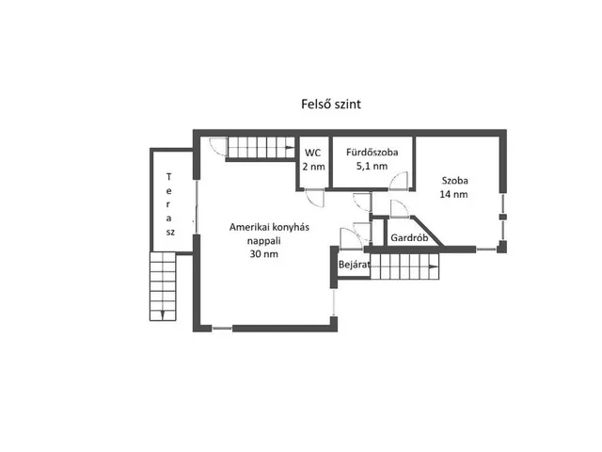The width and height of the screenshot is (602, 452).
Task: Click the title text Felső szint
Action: pos(331,105)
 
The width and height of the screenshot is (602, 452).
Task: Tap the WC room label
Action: pos(312,153)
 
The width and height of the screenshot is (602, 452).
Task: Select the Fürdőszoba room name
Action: pos(372,153)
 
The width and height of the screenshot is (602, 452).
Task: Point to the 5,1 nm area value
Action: pos(372,166)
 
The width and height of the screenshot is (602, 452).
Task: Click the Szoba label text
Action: pos(454,180)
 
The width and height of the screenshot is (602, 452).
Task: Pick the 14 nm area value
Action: pos(453,194)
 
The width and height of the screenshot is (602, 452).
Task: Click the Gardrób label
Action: pos(409,238)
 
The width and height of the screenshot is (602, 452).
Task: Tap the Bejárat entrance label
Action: pos(354,265)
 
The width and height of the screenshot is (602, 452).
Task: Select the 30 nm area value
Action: pos(263,254)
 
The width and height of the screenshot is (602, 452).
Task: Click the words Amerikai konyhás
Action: pos(269,227)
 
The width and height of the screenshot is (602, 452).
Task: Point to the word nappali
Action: pos(263,241)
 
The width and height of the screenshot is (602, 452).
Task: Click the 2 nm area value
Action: pos(313,167)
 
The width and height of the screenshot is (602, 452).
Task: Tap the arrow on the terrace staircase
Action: pos(163,315)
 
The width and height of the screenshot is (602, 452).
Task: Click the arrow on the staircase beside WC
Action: pos(290,147)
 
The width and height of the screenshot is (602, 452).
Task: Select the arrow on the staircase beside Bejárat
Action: pos(434,266)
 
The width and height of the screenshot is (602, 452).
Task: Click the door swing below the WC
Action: pos(315,199)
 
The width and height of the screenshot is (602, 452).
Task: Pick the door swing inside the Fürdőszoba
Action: pos(399,181)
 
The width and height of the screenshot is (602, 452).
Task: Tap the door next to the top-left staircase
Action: pos(218,147)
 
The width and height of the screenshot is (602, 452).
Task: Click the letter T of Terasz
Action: pos(168,177)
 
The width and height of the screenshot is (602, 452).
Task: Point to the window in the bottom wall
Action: pos(222,329)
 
